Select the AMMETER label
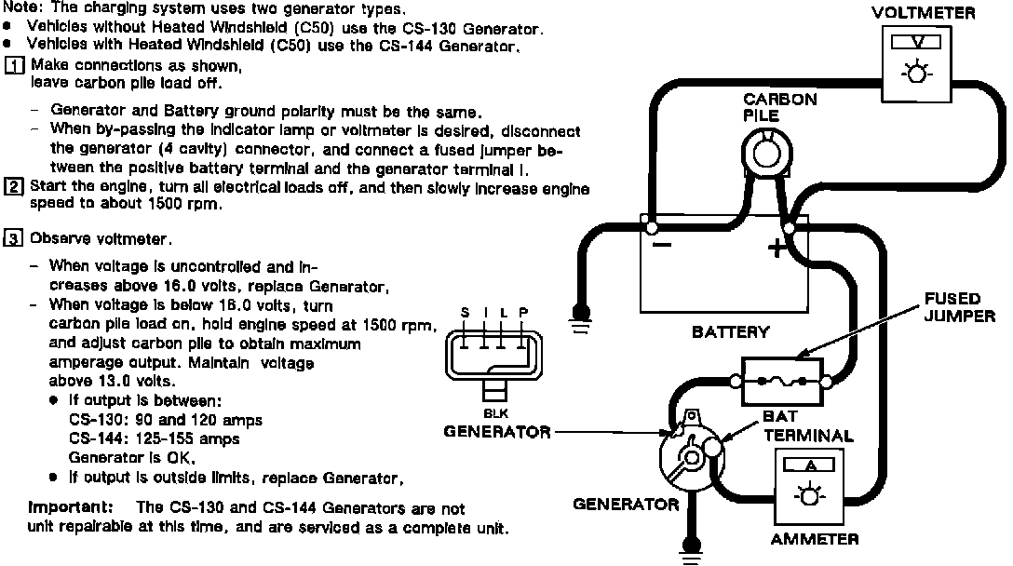pos(815,539)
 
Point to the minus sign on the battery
pos(660,247)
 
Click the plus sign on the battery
pos(775,249)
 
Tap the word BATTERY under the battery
pos(731,331)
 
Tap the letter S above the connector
pos(465,312)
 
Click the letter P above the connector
pos(522,312)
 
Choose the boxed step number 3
pos(14,238)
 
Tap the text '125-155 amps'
pos(178,438)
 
